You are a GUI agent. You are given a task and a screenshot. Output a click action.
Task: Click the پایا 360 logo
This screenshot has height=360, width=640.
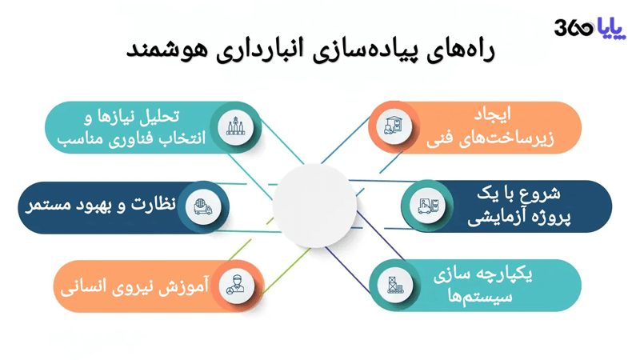pos(590,28)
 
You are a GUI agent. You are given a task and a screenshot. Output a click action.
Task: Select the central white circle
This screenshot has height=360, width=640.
pos(314,206)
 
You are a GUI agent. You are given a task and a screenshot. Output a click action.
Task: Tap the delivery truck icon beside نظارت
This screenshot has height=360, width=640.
pos(202,206)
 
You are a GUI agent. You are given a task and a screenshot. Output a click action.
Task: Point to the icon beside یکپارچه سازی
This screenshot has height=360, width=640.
pos(394,286)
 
